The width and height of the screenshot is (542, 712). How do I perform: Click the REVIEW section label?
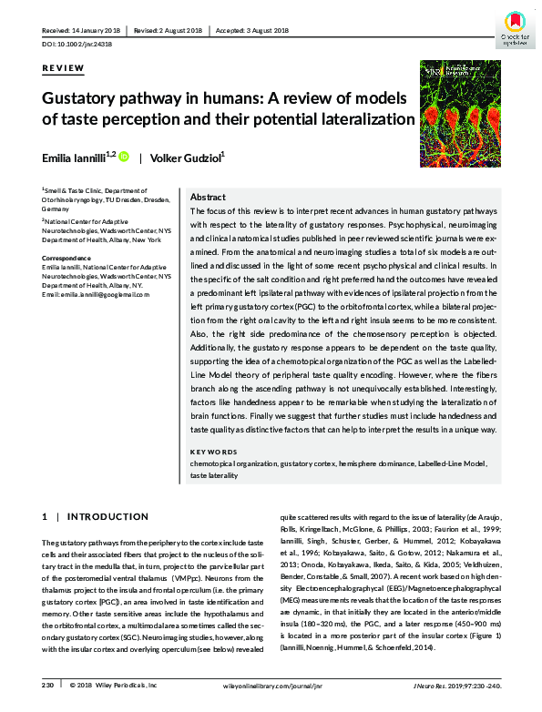coord(63,68)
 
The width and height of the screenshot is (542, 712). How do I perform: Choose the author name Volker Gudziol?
coord(189,157)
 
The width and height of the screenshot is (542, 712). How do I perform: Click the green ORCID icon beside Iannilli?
coord(124,157)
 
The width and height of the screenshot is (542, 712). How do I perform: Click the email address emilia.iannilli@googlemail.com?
coord(96,294)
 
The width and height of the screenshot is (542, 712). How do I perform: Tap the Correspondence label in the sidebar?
coord(66,259)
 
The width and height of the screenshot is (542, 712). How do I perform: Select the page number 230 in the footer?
coord(47,683)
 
